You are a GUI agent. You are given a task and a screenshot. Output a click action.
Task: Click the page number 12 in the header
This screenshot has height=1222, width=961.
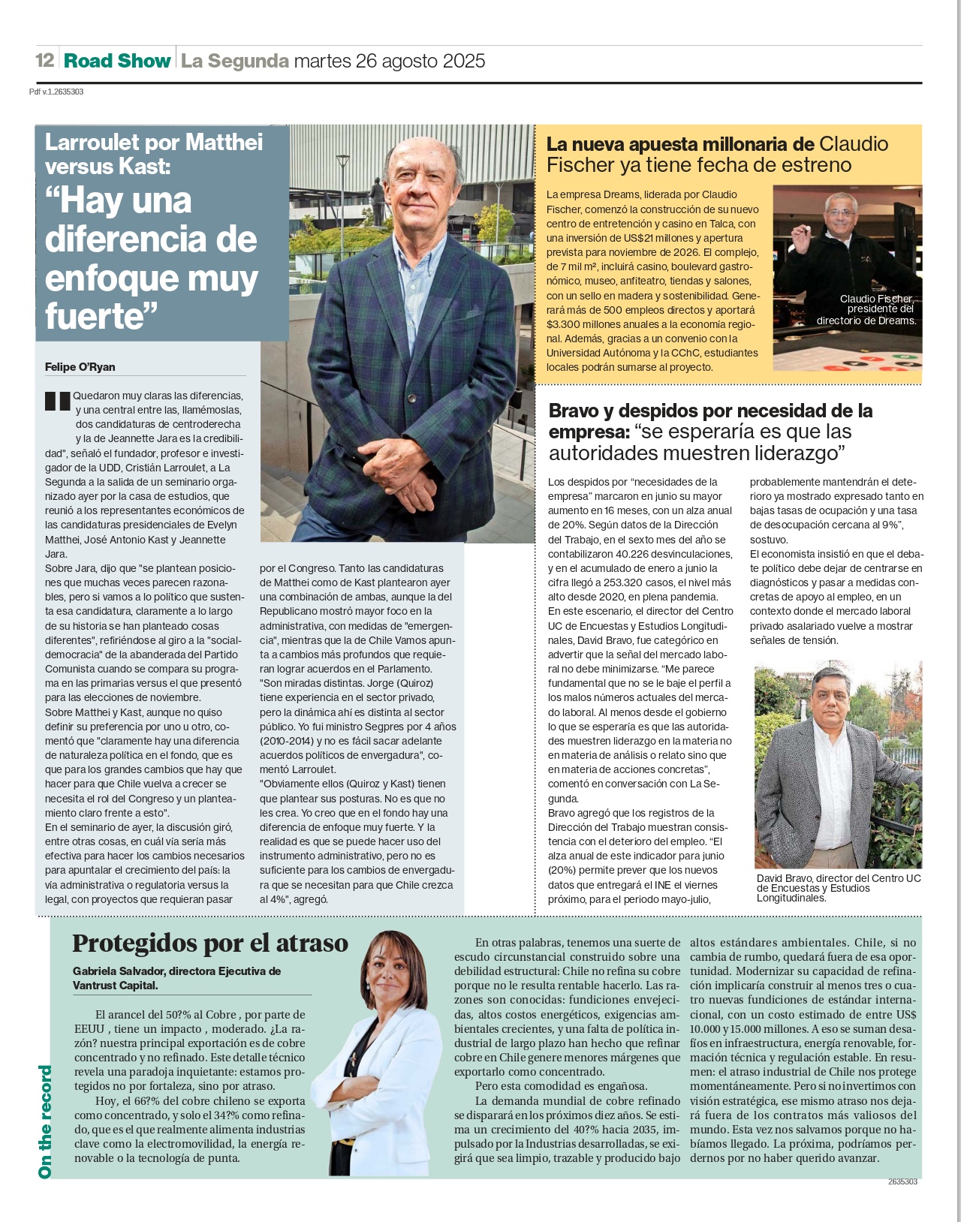click(x=45, y=60)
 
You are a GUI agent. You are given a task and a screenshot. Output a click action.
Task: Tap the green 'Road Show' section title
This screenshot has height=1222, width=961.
click(x=117, y=60)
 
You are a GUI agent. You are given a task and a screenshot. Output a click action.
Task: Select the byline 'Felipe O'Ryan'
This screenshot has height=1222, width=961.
click(x=80, y=367)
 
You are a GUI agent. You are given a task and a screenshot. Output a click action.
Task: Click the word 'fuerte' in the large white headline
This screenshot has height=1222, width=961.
click(x=94, y=315)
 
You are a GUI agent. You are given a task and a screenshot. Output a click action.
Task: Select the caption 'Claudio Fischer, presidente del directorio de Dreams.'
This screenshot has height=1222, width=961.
click(x=867, y=309)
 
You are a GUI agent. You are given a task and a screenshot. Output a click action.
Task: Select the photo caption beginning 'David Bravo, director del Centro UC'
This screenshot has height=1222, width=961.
click(x=838, y=887)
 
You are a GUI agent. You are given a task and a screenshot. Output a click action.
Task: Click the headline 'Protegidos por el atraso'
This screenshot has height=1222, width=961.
click(x=210, y=943)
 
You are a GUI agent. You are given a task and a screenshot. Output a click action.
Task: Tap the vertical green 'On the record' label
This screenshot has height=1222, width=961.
click(x=45, y=1121)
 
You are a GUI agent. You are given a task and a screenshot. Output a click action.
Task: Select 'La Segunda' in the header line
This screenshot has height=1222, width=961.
click(x=235, y=60)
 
